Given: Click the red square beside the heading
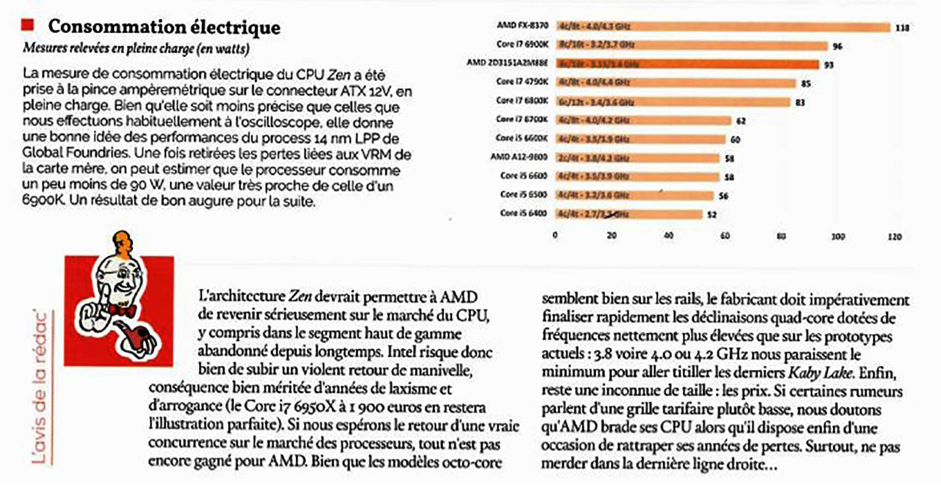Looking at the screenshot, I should (28, 25).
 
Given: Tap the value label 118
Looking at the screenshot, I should (902, 28).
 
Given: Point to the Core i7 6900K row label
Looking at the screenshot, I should (522, 44).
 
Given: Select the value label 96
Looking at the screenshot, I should (837, 46).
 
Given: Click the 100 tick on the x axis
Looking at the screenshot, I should (837, 236).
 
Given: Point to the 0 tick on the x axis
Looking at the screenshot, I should (555, 235).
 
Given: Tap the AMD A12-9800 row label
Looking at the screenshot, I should (519, 157).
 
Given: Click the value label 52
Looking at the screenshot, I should (712, 214).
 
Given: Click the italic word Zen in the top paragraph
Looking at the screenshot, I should (339, 74).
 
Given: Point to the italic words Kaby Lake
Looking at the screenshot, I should (820, 372).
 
